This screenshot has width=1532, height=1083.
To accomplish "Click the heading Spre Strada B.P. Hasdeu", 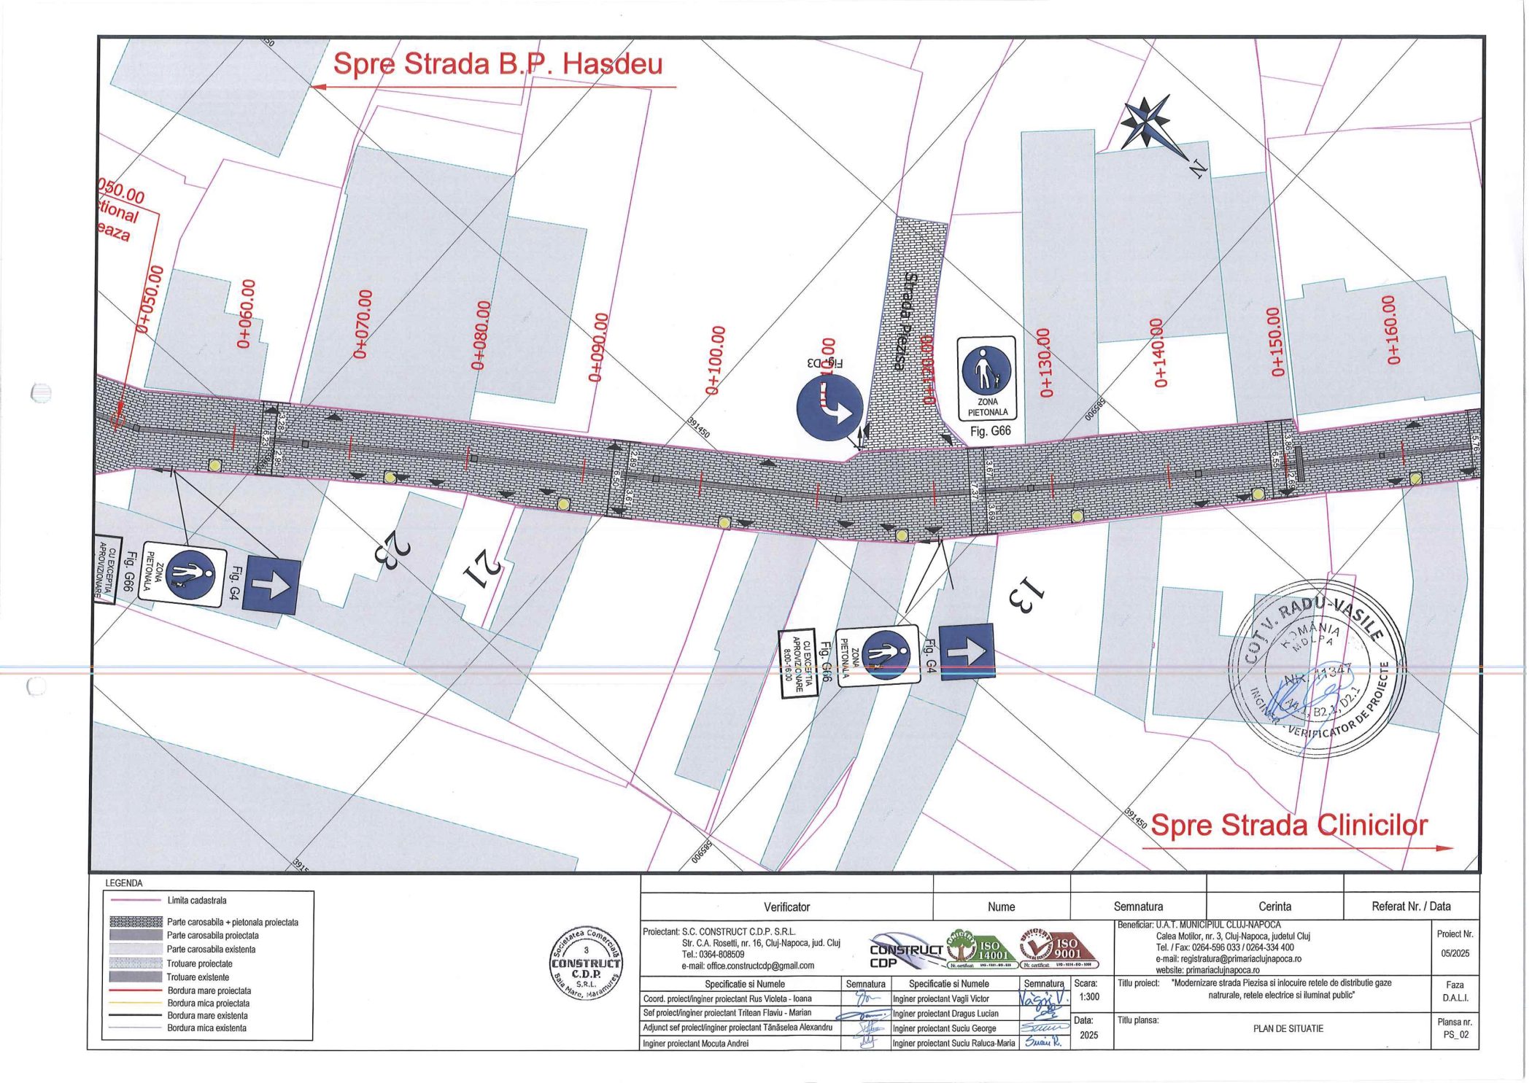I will click(498, 64).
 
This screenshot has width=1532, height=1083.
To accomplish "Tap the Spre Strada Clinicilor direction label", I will click(1288, 825).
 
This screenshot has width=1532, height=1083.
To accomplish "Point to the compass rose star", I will click(1147, 123).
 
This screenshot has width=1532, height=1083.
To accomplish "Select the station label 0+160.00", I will click(1392, 330).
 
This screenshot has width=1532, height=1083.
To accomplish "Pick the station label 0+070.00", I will click(363, 324).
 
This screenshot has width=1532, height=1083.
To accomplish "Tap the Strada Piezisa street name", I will click(906, 322).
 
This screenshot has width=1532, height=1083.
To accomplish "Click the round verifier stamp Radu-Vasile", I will click(1315, 669).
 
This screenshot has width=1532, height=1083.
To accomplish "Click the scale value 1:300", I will click(1088, 996).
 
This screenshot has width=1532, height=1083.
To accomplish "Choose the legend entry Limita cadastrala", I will click(197, 901).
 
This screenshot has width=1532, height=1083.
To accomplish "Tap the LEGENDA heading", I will click(124, 883).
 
